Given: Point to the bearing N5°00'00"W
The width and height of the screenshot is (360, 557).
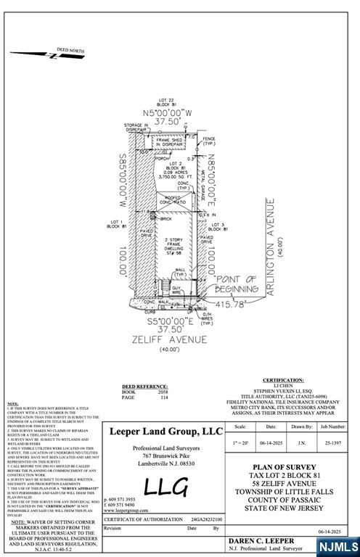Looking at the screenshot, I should (x=168, y=113).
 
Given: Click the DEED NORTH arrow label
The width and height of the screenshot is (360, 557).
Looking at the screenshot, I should (x=70, y=50).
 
